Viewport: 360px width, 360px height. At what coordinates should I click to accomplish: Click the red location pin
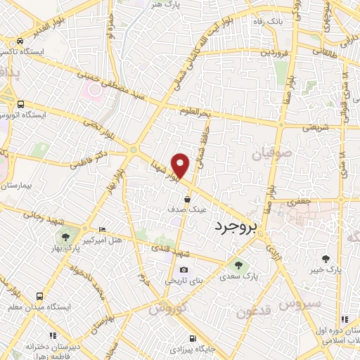(181, 165)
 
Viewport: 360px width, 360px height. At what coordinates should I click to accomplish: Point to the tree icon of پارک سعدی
(238, 265)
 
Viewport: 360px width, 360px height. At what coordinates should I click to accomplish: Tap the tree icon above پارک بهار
(65, 238)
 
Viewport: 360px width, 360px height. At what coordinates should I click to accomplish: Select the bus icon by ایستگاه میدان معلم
(40, 296)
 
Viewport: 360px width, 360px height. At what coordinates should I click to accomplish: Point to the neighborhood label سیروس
(300, 303)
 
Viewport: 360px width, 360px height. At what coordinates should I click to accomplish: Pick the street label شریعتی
(315, 128)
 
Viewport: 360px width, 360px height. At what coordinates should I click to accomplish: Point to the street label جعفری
(299, 202)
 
